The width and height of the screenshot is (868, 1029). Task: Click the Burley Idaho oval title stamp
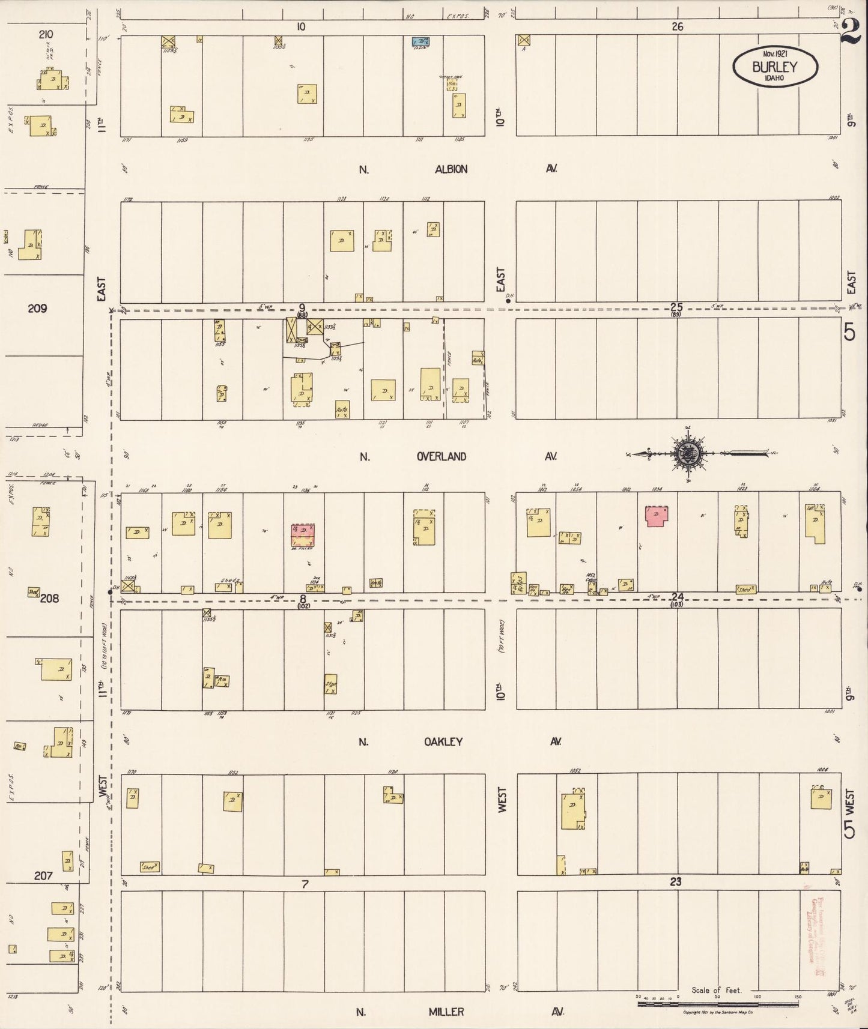(775, 66)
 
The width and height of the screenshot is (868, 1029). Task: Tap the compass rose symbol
(687, 454)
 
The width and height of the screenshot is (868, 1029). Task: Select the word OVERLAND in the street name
(442, 456)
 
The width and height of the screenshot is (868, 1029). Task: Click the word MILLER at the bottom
(446, 1012)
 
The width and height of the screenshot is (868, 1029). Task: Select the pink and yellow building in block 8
(304, 536)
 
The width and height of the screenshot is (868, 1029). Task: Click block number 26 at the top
(677, 26)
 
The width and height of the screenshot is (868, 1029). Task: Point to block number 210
(45, 34)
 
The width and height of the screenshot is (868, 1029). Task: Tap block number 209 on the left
(37, 309)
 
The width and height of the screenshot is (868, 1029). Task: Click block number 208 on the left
(49, 598)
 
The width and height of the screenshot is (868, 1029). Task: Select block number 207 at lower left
(43, 876)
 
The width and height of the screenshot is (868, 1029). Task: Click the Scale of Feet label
(717, 991)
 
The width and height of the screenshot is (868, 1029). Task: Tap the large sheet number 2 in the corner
(851, 30)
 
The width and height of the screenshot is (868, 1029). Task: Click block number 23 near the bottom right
(676, 882)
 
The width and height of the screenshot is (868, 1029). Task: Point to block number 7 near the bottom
(305, 884)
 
